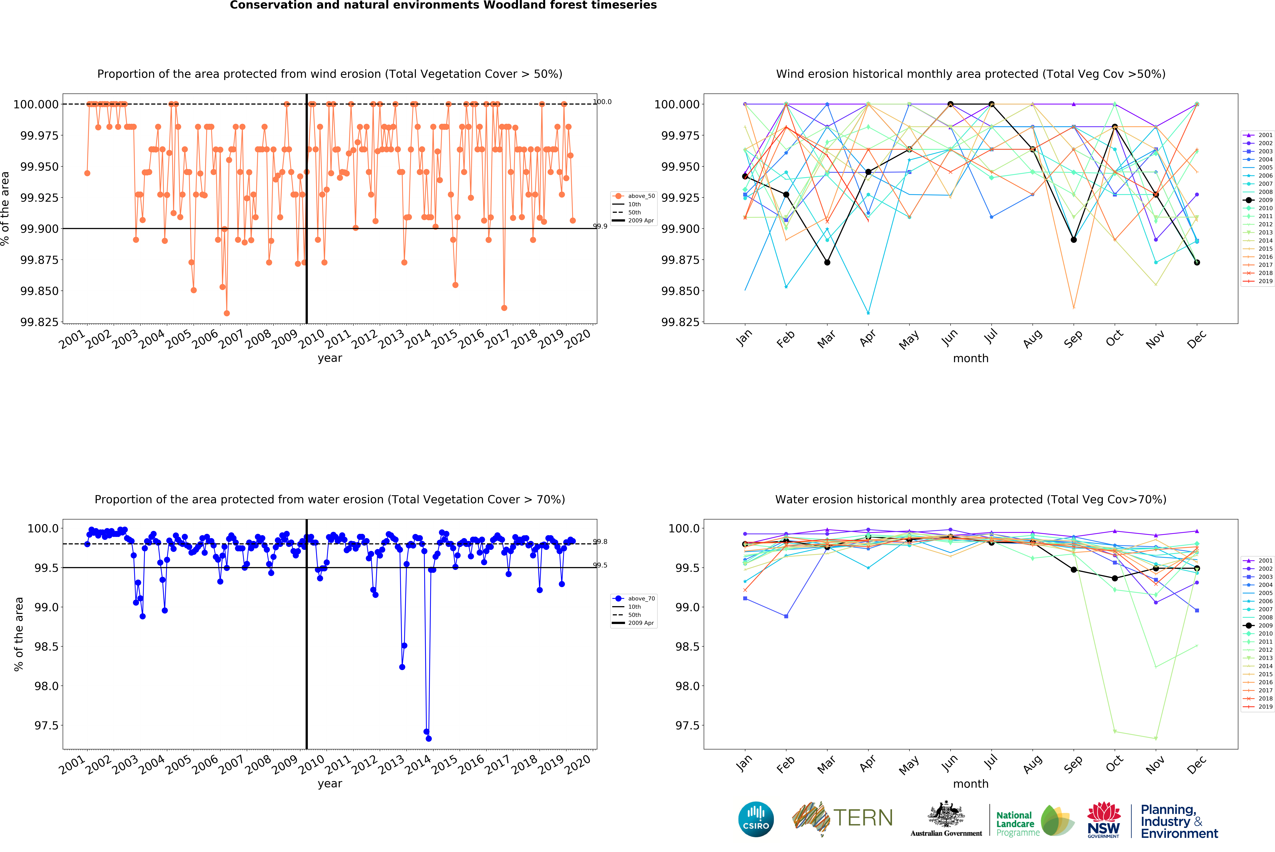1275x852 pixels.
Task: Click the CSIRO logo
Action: [x=756, y=819]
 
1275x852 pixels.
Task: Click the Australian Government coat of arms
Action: [x=946, y=815]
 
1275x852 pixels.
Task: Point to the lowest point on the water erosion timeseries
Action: [x=429, y=738]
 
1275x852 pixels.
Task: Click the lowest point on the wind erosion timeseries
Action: [x=226, y=313]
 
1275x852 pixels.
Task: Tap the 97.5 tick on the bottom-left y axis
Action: [x=46, y=725]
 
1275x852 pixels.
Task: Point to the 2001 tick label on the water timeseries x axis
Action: [x=72, y=765]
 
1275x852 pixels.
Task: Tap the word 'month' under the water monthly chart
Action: [x=970, y=784]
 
